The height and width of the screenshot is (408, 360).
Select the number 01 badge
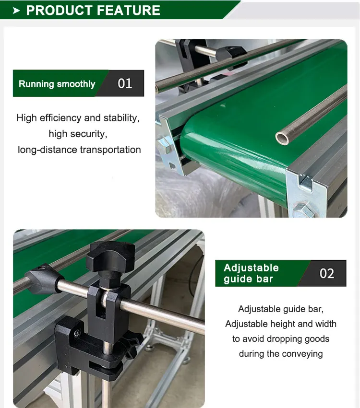pos(125,83)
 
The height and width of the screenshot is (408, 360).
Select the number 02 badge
pos(327,273)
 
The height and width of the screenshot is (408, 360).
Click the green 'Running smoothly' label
pos(57,84)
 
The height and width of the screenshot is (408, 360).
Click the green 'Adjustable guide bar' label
pos(251,273)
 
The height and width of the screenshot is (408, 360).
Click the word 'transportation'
pos(110,150)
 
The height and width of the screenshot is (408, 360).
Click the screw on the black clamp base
pos(76,332)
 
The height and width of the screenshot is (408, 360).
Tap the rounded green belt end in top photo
pos(202,144)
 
